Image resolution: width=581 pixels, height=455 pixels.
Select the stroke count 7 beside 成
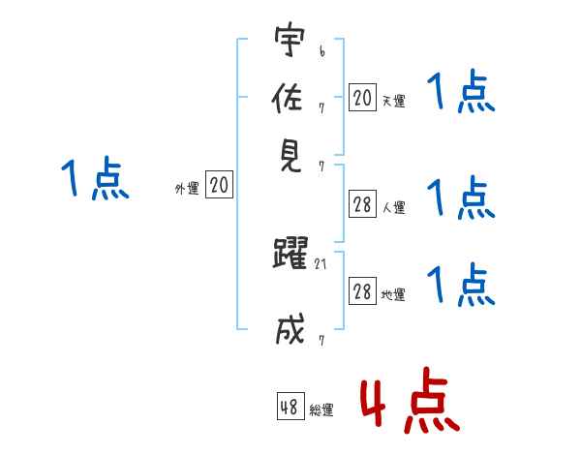[x=321, y=339]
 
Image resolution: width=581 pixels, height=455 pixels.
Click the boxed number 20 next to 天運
[x=362, y=97]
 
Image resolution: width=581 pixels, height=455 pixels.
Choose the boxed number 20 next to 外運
[x=220, y=186]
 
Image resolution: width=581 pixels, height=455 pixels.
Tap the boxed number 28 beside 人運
[x=362, y=204]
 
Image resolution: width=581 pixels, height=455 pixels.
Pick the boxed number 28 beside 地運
[x=362, y=292]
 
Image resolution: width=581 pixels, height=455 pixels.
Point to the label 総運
[x=321, y=410]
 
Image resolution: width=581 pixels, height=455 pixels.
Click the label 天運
[x=393, y=100]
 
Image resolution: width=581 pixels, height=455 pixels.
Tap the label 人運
[x=393, y=207]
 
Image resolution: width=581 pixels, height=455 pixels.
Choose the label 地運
[x=393, y=295]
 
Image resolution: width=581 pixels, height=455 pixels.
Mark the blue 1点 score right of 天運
[x=460, y=94]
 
